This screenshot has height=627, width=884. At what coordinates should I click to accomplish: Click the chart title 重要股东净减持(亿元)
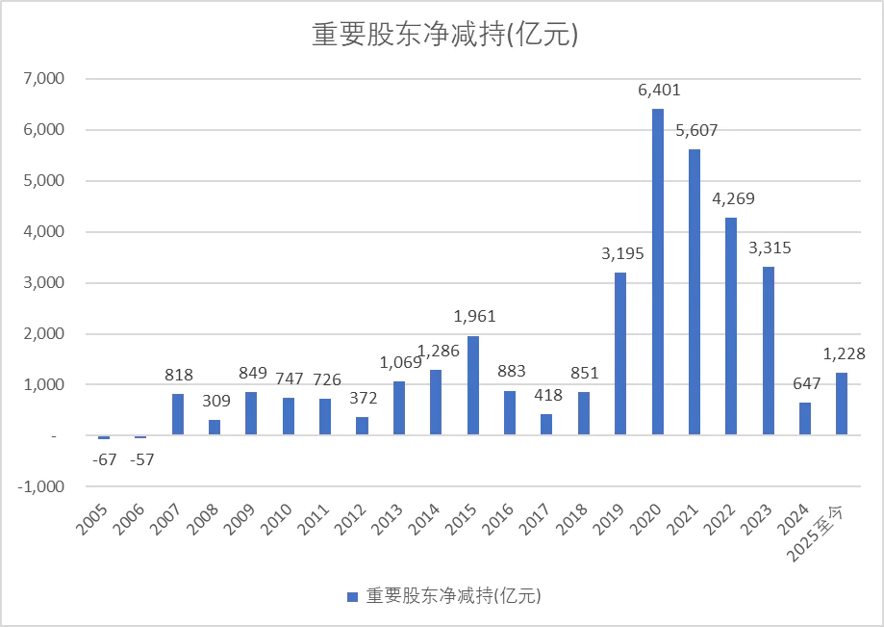point(443,35)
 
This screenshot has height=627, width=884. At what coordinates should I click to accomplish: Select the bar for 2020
point(658,272)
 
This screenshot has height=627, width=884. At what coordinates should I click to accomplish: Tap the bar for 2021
point(695,292)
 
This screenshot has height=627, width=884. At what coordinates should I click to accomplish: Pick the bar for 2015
point(473,385)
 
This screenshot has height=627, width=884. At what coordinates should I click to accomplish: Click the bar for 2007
point(178,414)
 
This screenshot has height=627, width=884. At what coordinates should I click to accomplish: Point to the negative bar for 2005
point(104,437)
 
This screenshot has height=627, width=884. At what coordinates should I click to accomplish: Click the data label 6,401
point(658,91)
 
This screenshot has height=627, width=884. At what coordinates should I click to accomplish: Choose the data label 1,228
point(845,354)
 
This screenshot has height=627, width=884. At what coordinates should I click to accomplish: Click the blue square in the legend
point(353,596)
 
